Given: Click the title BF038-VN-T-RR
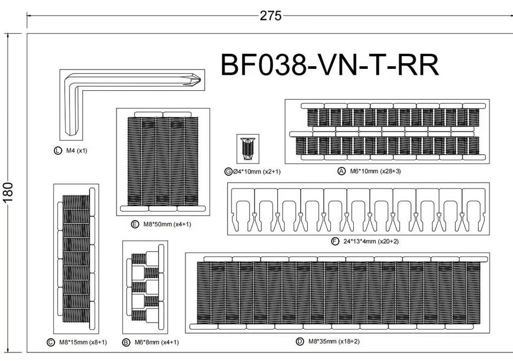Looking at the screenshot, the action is (x=330, y=65).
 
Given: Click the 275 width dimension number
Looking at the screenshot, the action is (x=270, y=15).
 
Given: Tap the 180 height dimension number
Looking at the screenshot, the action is (x=8, y=192).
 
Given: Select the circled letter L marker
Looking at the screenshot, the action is (x=58, y=151).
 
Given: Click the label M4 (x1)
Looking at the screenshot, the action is (x=77, y=151).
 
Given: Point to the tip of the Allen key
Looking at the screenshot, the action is (x=200, y=79).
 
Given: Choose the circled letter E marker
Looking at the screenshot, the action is (x=135, y=224).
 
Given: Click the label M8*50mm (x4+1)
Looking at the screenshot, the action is (x=167, y=224).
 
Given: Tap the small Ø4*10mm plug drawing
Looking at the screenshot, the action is (x=248, y=149).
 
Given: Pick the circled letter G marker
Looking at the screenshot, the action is (x=228, y=171).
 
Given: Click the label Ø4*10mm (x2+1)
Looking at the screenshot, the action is (x=256, y=171).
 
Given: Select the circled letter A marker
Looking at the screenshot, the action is (x=341, y=171).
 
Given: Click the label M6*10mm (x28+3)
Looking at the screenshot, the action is (x=375, y=171).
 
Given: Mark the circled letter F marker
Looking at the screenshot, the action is (x=335, y=242).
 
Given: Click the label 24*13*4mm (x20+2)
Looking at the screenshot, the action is (x=371, y=242).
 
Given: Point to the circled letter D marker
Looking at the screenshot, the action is (x=300, y=341).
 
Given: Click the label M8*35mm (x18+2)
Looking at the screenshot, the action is (x=334, y=341).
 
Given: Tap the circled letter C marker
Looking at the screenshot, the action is (x=50, y=342).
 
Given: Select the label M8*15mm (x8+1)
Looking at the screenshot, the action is (x=83, y=342).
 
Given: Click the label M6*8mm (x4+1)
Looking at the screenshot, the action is (x=157, y=342).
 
